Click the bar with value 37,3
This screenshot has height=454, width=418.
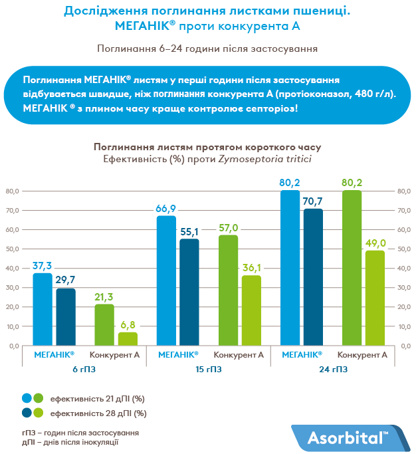pos(43,309)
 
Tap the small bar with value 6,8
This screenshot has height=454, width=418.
pos(128,339)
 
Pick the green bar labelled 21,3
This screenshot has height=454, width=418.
pos(104,325)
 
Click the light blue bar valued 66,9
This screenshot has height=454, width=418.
pos(166,281)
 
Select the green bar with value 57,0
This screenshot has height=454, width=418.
pos(228,290)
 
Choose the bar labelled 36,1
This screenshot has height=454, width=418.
pos(251,310)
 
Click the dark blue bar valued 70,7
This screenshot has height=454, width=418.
pos(313,277)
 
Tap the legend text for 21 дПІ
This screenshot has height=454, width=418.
pos(98,398)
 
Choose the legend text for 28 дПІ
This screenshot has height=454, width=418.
pos(98,413)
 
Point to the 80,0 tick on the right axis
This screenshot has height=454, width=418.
pos(405,191)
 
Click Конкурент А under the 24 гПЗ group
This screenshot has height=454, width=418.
pos(363,355)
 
